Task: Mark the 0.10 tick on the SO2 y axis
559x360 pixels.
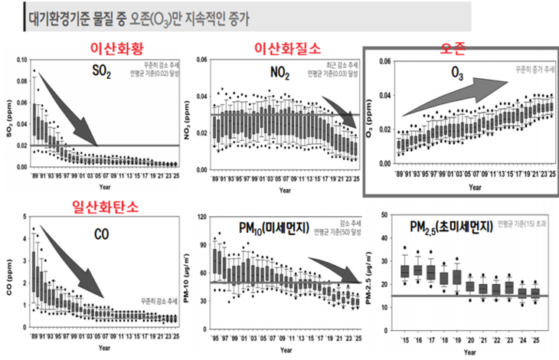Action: click(21, 59)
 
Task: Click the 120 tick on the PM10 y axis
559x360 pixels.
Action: click(201, 218)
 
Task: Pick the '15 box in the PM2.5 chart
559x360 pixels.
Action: click(406, 271)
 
